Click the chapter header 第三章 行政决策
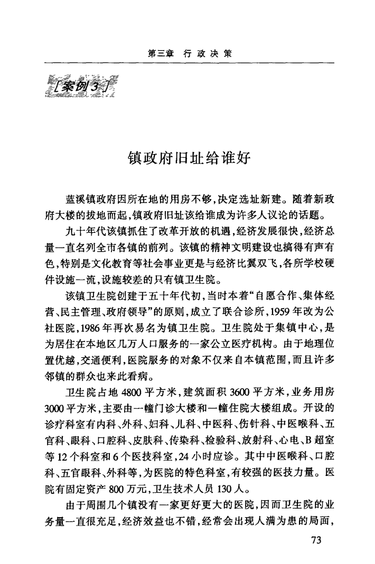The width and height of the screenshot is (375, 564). (x=188, y=54)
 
